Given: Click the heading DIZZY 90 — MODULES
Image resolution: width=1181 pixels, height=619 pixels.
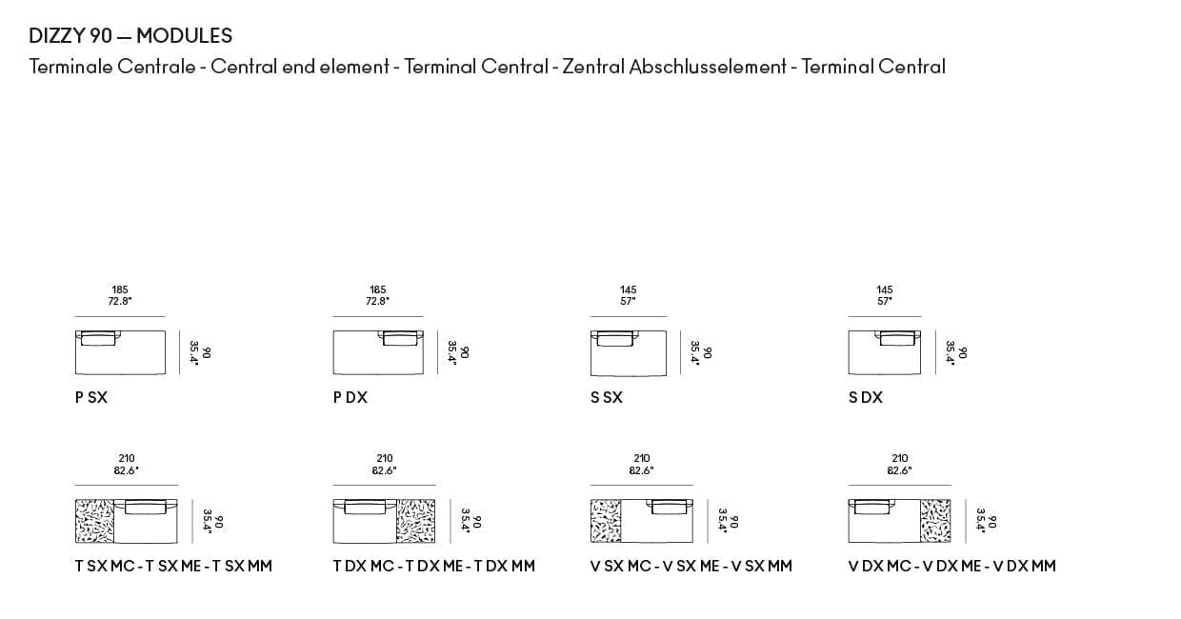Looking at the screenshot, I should click(x=130, y=36).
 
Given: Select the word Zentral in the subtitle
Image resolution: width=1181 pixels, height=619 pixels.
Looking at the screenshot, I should click(x=593, y=67).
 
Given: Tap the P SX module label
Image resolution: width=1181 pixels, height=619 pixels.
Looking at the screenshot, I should click(x=91, y=397).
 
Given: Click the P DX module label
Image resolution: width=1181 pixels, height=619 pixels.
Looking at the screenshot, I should click(x=350, y=397).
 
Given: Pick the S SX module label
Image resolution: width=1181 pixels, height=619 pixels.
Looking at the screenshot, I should click(x=607, y=397).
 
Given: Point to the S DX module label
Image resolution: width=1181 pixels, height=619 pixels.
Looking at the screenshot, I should click(x=865, y=397).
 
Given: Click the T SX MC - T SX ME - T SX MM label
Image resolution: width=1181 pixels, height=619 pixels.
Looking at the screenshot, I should click(x=173, y=566).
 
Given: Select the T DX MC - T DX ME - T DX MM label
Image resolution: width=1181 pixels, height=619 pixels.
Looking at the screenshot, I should click(x=433, y=566).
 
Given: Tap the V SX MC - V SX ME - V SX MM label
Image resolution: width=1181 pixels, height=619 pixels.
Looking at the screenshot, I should click(x=691, y=566).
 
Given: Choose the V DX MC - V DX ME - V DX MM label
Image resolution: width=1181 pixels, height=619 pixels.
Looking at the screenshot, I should click(x=951, y=566).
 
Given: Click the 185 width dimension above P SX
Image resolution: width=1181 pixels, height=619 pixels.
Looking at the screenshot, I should click(x=120, y=290).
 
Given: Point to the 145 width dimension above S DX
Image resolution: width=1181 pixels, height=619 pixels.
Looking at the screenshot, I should click(x=885, y=290).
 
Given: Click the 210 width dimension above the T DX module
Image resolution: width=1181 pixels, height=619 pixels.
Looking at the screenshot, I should click(x=385, y=458).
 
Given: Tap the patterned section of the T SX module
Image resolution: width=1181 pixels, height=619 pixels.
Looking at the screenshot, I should click(x=94, y=521).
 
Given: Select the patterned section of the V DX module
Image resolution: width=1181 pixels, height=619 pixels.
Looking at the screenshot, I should click(x=935, y=521).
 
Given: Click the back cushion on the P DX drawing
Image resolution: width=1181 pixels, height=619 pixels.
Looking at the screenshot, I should click(x=401, y=337).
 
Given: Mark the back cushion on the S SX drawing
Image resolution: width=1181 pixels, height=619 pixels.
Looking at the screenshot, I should click(x=614, y=337).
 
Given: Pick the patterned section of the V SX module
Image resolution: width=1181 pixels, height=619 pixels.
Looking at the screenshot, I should click(x=606, y=521).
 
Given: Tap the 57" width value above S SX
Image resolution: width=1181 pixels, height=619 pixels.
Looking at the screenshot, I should click(x=628, y=301).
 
